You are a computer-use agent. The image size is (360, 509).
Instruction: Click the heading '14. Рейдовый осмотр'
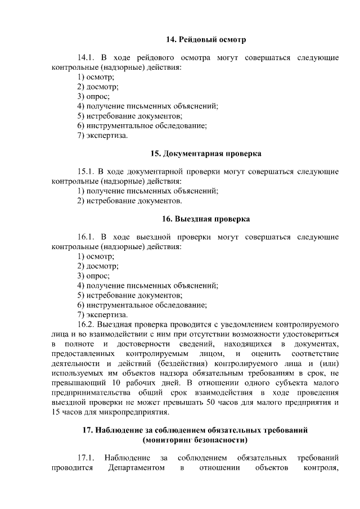coord(206,39)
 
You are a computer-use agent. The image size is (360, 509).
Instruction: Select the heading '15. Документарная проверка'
coord(206,153)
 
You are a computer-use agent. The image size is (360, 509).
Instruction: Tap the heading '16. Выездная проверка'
coord(206,218)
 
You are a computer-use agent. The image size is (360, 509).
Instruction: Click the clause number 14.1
coord(88,58)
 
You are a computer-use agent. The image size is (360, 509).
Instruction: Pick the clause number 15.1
coord(88,172)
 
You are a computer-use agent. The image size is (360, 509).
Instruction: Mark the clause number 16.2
coord(88,325)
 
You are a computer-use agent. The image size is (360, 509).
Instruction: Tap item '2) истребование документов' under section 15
coord(129,200)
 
